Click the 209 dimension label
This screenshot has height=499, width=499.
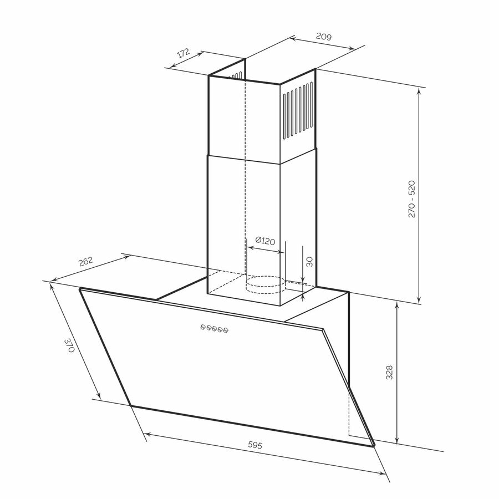point(324,37)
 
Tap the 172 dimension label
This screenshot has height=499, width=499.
point(184,53)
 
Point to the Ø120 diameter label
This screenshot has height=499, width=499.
point(265,241)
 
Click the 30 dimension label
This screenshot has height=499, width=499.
point(309,262)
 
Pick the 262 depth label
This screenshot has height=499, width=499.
point(86,262)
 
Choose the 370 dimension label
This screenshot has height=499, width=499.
point(69,345)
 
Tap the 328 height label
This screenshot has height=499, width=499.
point(389,373)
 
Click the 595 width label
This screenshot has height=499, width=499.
point(255,445)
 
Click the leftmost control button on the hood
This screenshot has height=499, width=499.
point(203,327)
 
